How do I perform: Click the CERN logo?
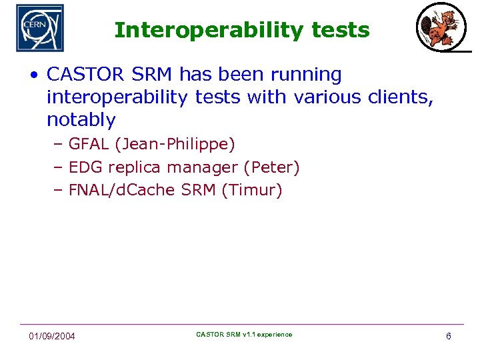point(40,28)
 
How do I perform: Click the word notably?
point(81,120)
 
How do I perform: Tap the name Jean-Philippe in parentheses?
point(175,144)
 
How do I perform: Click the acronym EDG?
point(85,167)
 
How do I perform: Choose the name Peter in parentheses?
point(272,167)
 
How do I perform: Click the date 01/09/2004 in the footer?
point(52,336)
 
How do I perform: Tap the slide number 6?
point(448,336)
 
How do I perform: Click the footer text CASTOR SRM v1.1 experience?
point(244,335)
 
